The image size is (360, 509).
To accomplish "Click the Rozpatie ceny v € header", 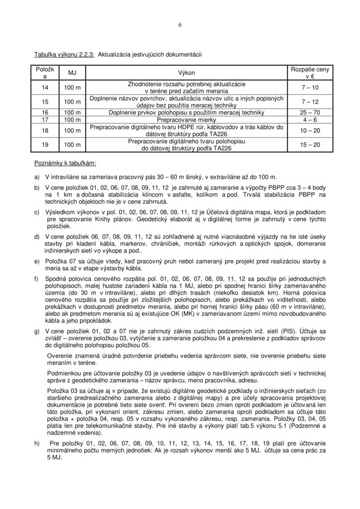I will tap(310, 73).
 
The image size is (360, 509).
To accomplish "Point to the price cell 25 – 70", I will tap(310, 112).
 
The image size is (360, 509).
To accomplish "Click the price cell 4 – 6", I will tap(310, 120).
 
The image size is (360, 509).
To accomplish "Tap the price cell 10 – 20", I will tap(310, 131).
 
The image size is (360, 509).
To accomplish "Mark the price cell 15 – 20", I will tap(310, 145).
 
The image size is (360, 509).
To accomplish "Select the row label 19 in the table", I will tap(45, 145).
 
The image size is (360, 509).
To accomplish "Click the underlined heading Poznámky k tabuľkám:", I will tap(65, 163).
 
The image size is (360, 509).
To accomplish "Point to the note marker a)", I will tap(37, 177).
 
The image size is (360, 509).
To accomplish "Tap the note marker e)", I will tap(37, 261).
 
